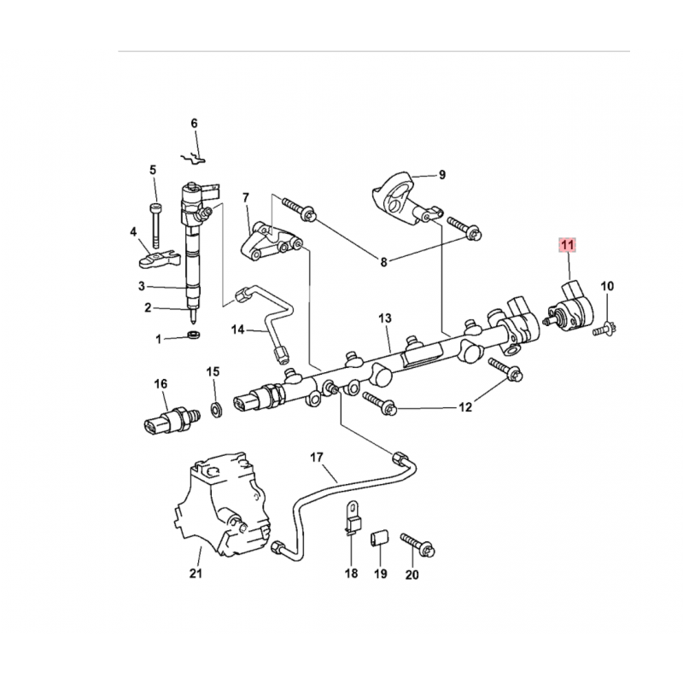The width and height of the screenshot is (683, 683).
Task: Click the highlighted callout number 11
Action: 568,245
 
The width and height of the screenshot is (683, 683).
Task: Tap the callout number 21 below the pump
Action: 196,573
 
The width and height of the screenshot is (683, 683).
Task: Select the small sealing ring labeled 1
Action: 194,335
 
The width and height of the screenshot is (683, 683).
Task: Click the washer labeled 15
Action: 215,410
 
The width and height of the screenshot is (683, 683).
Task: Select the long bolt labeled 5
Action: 156,225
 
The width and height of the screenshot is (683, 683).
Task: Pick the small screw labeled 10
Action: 604,330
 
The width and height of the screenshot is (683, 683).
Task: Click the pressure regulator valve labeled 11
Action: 570,307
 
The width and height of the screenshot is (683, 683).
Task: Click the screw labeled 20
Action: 417,545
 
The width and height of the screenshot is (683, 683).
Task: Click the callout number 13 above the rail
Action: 385,318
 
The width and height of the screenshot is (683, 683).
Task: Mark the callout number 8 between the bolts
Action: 383,262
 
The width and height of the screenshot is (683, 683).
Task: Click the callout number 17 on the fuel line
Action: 317,458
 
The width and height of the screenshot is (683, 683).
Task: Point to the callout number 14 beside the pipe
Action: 237,330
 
